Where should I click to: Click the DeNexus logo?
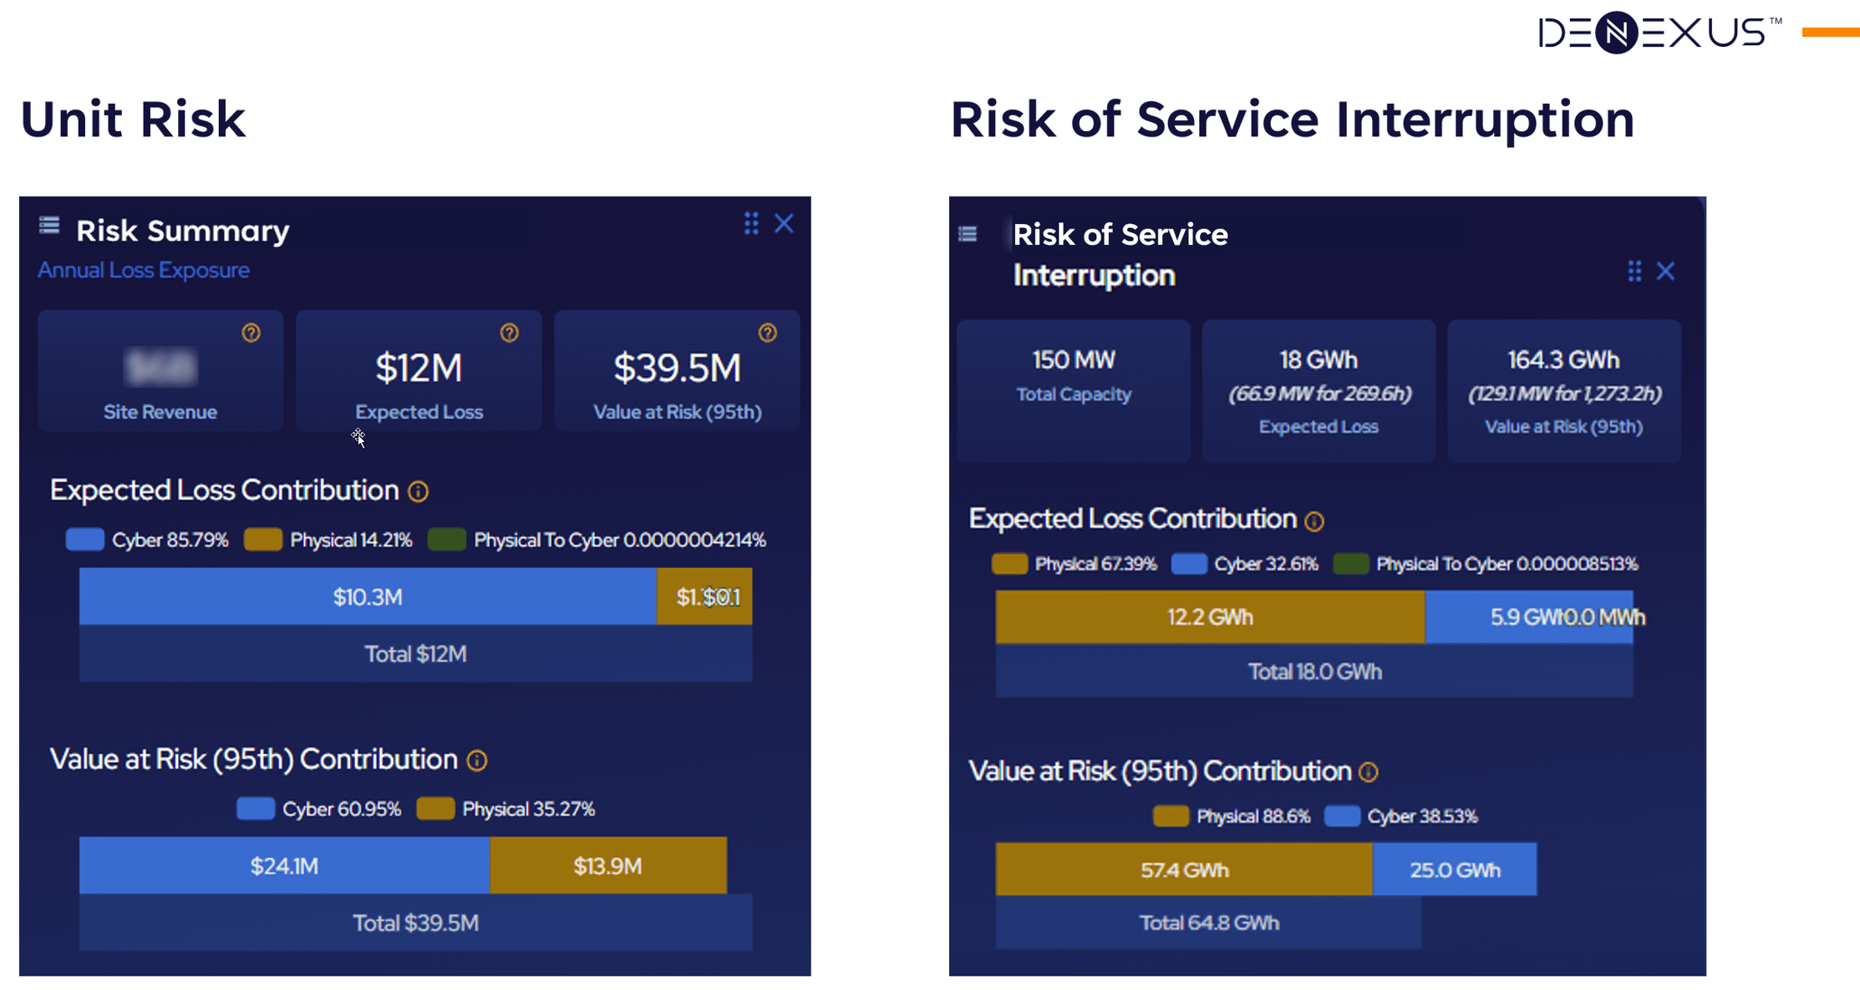click(1659, 33)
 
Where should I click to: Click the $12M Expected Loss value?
click(419, 368)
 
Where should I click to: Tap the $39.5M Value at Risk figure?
click(677, 368)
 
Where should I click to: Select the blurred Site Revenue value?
click(160, 367)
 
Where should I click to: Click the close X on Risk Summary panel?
click(784, 224)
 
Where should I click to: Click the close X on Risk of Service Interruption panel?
click(1665, 272)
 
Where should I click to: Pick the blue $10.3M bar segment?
click(368, 597)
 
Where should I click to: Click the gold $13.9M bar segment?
click(607, 866)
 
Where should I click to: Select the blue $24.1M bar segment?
click(284, 866)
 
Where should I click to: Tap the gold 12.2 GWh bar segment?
click(1209, 617)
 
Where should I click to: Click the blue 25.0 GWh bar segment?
click(1454, 870)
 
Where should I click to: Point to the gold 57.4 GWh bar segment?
click(1183, 870)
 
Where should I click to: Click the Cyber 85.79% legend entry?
click(148, 540)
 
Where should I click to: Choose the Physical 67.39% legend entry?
click(1075, 564)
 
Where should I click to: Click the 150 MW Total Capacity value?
click(1074, 360)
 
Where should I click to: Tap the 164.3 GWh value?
click(1563, 360)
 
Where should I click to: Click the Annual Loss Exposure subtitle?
click(144, 270)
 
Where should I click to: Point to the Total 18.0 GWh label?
click(1314, 672)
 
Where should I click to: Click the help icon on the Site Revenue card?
click(251, 333)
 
